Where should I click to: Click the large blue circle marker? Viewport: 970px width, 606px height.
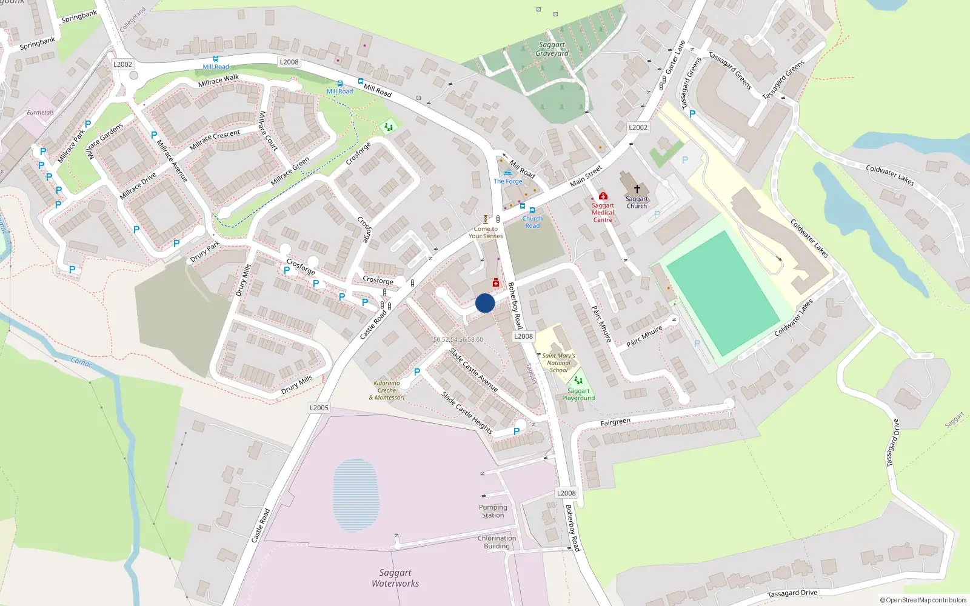pyautogui.click(x=485, y=303)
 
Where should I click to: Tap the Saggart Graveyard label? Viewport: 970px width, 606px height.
pyautogui.click(x=552, y=49)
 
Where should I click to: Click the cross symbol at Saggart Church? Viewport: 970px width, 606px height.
pyautogui.click(x=637, y=189)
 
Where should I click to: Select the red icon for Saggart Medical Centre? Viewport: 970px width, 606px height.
pyautogui.click(x=603, y=196)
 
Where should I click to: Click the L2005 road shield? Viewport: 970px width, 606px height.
pyautogui.click(x=319, y=408)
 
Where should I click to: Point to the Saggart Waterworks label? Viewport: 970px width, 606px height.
pyautogui.click(x=395, y=578)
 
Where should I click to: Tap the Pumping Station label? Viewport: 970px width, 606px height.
pyautogui.click(x=493, y=511)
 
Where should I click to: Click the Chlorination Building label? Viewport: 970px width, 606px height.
pyautogui.click(x=497, y=542)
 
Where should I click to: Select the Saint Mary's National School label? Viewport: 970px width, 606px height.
pyautogui.click(x=558, y=362)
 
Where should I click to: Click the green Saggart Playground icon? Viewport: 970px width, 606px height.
pyautogui.click(x=578, y=380)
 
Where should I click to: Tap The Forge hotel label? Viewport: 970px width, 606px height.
pyautogui.click(x=507, y=181)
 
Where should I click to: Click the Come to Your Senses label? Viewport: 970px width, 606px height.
pyautogui.click(x=486, y=233)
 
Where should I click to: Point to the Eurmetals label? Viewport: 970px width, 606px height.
pyautogui.click(x=40, y=112)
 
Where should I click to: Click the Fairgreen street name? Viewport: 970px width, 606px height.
pyautogui.click(x=615, y=422)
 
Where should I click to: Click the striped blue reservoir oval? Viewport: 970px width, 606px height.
pyautogui.click(x=356, y=494)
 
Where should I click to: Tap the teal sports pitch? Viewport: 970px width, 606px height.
pyautogui.click(x=723, y=292)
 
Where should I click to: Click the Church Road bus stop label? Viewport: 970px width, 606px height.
pyautogui.click(x=532, y=222)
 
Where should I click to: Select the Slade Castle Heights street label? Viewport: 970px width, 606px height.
pyautogui.click(x=467, y=413)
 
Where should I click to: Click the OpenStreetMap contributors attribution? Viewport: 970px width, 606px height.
pyautogui.click(x=923, y=600)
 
